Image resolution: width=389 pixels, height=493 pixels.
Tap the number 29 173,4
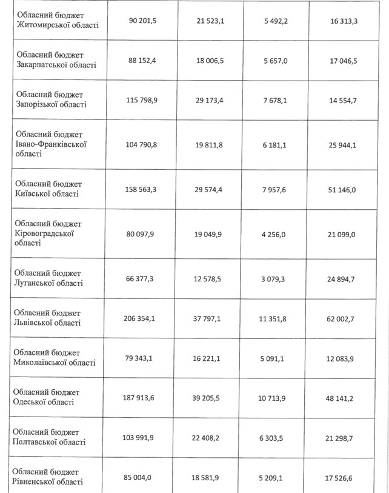[210, 99]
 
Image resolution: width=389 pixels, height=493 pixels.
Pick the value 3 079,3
[277, 278]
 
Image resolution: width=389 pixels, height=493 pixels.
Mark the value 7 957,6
[277, 189]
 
